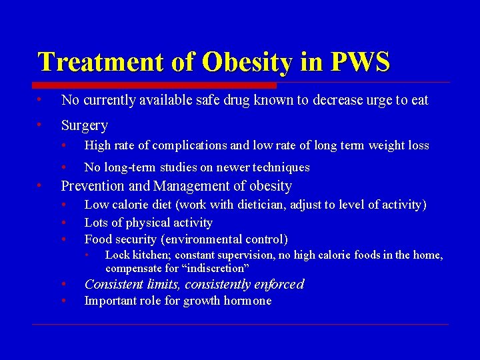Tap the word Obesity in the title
tap(247, 62)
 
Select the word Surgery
tap(84, 125)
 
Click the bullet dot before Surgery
tap(41, 125)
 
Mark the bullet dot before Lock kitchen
tap(87, 255)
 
